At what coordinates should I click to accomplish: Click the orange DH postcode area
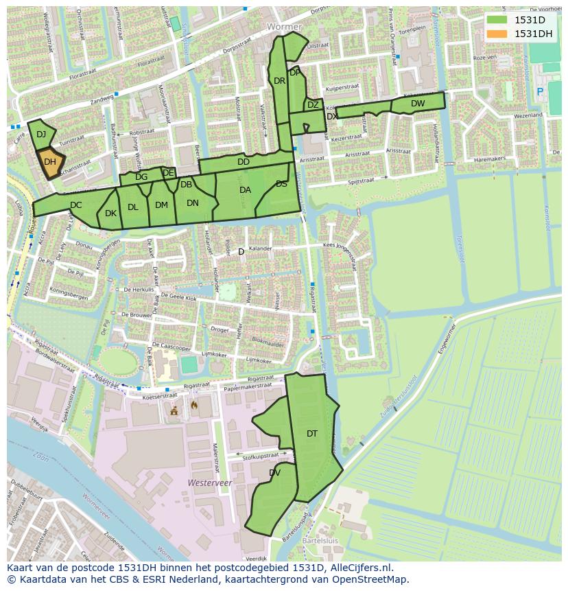click(50, 163)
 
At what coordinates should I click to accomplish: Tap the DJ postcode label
click(41, 135)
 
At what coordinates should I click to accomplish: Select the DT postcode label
click(312, 433)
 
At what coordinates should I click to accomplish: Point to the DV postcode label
click(274, 473)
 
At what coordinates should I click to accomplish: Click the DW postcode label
click(418, 104)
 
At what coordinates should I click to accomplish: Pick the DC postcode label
click(75, 205)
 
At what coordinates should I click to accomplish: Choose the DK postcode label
click(110, 213)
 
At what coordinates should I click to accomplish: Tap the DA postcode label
click(245, 190)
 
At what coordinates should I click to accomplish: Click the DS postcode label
click(282, 184)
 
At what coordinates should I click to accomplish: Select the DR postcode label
click(279, 81)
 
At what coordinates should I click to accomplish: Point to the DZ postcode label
click(313, 105)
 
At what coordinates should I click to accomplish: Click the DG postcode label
click(141, 177)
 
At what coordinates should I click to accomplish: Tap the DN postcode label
click(193, 203)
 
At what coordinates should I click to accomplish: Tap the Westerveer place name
click(210, 483)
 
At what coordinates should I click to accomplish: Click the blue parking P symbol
click(539, 91)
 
